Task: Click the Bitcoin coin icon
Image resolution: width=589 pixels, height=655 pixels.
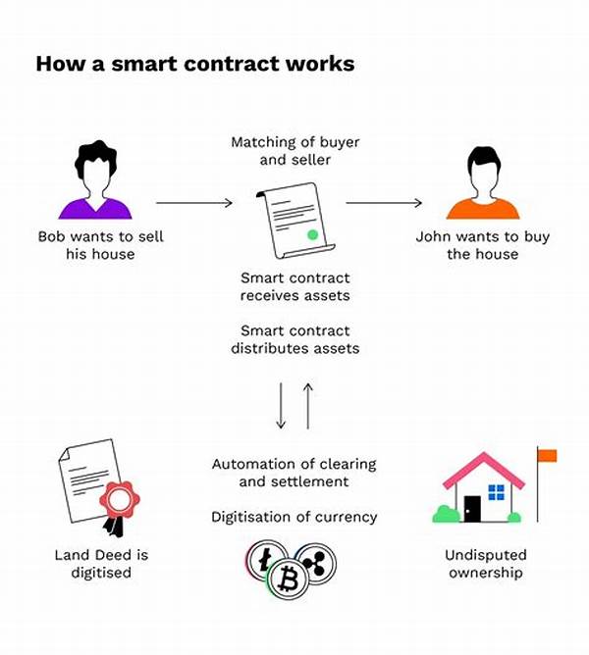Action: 289,579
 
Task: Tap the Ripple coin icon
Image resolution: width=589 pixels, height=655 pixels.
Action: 317,563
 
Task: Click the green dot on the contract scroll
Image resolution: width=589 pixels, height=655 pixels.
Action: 312,234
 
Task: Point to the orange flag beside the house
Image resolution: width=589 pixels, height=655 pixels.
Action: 547,455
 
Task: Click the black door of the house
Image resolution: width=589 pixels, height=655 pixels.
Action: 472,508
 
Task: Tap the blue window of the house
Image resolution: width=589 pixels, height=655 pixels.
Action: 497,492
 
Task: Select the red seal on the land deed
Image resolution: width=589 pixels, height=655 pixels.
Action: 120,499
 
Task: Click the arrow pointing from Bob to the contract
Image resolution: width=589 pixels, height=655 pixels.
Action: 194,203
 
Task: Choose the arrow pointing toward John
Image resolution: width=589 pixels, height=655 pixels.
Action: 384,203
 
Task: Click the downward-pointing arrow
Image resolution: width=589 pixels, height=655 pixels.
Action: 281,406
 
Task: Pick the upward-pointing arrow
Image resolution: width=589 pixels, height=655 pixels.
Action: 308,406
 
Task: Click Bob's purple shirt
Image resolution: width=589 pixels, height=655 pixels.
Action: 95,210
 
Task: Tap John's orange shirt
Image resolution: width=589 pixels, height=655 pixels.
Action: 483,210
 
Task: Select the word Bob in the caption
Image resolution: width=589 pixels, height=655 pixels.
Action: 51,236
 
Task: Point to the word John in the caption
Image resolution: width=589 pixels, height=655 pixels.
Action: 434,236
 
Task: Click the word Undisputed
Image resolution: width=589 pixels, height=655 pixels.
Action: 486,555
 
